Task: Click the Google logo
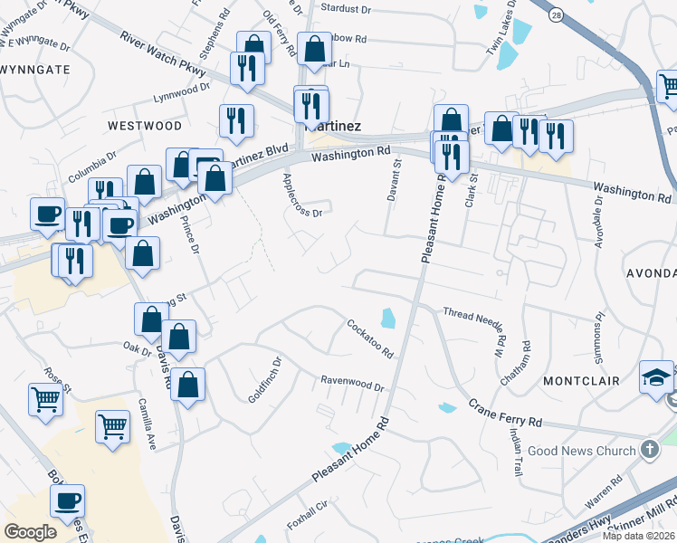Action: point(31,532)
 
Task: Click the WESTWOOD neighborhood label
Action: point(144,125)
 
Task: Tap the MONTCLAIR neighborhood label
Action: point(581,381)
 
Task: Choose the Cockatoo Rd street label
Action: point(370,338)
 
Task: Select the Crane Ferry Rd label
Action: point(505,413)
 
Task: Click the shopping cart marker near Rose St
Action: point(46,397)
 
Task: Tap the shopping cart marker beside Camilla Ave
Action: point(111,424)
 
